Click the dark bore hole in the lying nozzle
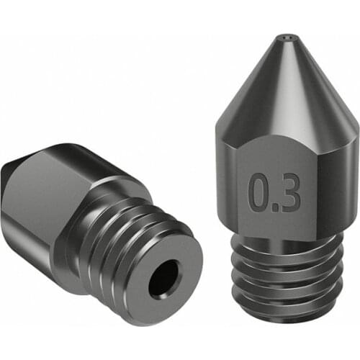pyautogui.click(x=164, y=279)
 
